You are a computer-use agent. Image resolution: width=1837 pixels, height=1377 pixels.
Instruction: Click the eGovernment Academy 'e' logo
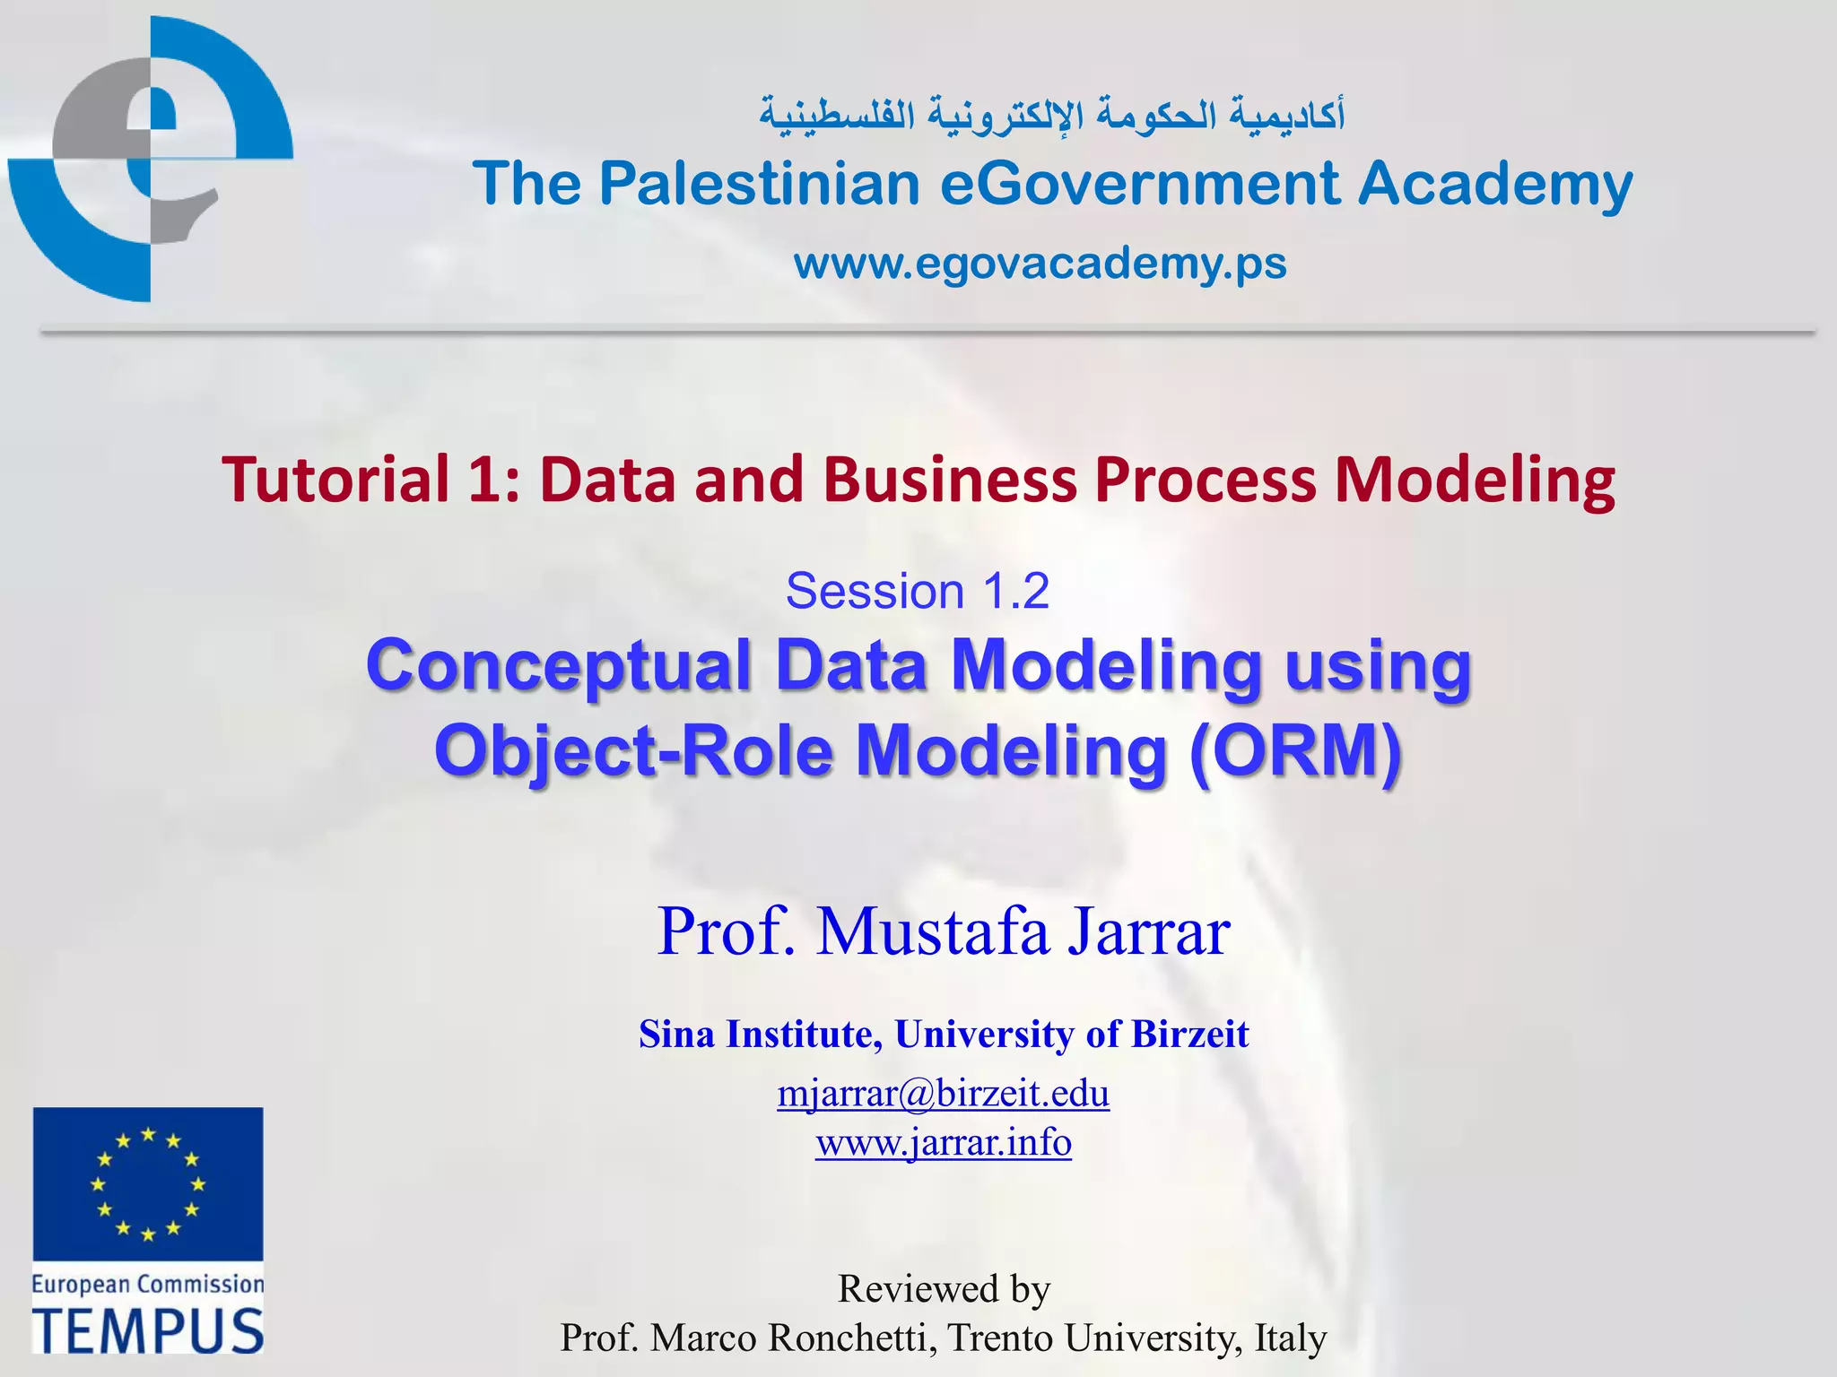151,160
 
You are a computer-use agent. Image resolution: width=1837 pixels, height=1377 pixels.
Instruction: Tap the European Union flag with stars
148,1184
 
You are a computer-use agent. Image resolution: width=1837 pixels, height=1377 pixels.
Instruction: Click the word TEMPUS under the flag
148,1330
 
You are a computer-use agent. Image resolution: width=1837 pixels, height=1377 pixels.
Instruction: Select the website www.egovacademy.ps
1040,264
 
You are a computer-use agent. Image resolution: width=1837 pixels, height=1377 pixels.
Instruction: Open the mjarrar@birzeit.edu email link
943,1094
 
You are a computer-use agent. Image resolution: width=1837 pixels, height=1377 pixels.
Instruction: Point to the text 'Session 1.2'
917,592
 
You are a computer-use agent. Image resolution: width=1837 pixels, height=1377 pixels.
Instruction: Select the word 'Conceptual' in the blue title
558,666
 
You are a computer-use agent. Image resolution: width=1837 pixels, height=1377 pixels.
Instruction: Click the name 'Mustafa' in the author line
933,932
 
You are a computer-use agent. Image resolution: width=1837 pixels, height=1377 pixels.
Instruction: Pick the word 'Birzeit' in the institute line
1189,1035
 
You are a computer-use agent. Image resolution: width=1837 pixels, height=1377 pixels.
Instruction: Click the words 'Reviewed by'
944,1289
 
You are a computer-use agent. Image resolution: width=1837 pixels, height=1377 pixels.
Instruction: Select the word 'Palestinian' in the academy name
760,184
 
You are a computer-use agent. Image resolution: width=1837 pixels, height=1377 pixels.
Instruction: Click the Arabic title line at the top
1051,117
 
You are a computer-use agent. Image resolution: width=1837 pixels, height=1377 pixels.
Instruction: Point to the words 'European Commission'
148,1285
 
